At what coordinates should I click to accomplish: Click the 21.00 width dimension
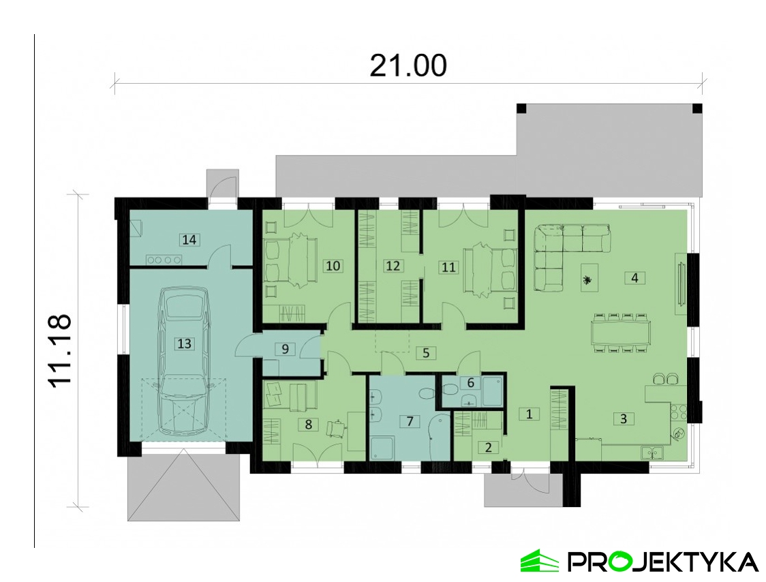tap(408, 66)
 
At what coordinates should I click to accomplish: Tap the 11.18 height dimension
tap(61, 351)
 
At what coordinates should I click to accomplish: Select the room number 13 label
tap(184, 343)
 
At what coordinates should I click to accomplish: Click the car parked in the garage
tap(184, 361)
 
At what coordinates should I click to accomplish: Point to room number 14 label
tap(189, 240)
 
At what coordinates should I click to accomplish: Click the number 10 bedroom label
tap(333, 266)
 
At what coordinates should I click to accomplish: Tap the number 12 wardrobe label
tap(393, 266)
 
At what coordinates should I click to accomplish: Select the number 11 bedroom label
tap(448, 267)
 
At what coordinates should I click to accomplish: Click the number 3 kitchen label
tap(624, 419)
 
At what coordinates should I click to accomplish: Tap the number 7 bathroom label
tap(410, 420)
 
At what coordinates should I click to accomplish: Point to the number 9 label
tap(286, 349)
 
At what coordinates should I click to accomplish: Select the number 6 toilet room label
tap(470, 382)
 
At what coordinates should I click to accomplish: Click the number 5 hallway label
tap(426, 353)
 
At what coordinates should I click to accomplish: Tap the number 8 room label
tap(308, 424)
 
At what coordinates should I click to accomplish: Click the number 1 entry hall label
tap(529, 414)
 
